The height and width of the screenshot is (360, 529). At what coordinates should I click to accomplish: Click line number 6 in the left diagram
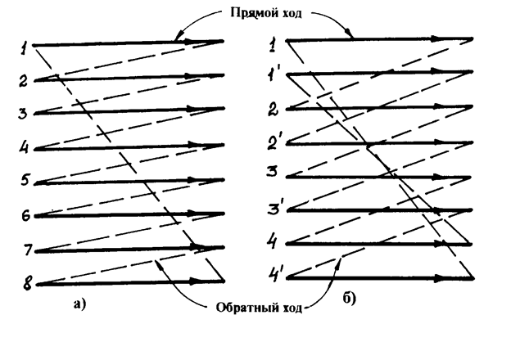point(26,217)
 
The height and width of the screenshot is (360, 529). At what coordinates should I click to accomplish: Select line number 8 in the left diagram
point(26,286)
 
